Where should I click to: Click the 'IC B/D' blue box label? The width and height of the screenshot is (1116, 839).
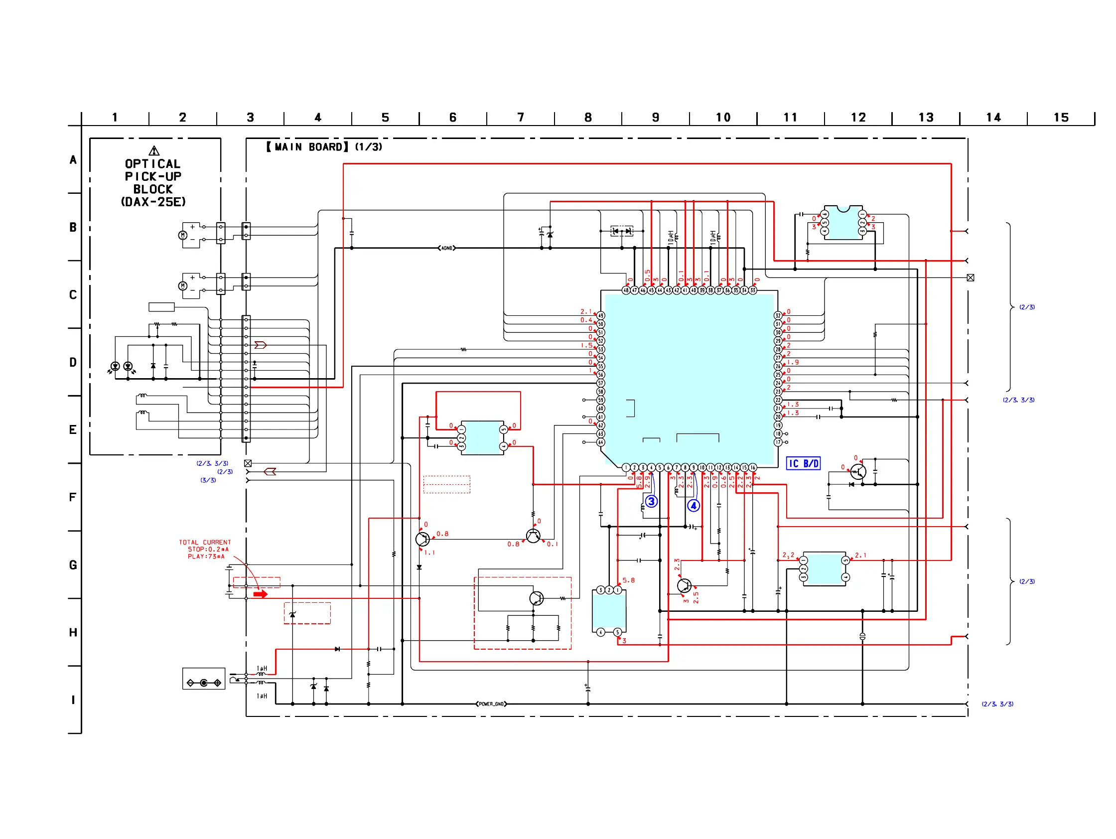803,464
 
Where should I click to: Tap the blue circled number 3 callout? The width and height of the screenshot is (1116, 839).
651,502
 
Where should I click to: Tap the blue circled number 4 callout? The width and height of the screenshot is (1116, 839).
694,506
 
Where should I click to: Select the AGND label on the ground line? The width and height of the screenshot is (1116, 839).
446,248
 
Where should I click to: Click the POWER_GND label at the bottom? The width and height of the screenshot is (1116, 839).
491,704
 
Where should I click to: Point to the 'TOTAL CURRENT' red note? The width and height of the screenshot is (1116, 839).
205,543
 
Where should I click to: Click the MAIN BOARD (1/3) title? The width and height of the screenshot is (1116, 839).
324,147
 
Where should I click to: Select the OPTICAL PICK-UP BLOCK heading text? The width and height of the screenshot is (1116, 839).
153,176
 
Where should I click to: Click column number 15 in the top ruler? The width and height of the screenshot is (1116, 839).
1061,118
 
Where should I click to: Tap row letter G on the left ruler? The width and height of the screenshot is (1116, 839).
73,565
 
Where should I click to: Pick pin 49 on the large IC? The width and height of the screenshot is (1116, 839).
600,316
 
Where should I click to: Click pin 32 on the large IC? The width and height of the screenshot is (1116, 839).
778,316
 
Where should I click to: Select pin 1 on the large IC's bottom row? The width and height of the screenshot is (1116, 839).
626,468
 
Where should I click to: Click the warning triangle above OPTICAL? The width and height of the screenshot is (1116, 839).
154,151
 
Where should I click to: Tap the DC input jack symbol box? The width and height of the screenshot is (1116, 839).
203,679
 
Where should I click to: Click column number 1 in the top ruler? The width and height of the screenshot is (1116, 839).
115,118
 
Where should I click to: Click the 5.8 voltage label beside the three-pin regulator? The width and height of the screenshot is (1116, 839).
629,580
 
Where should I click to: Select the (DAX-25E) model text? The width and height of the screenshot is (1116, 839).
153,202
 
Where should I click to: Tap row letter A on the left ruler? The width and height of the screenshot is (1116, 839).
73,160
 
